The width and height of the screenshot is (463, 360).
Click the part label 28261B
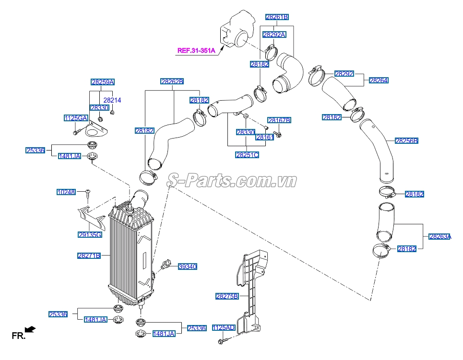tap(277, 17)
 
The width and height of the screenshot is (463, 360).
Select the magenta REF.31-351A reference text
tap(196, 50)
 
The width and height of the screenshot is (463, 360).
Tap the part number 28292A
tap(274, 34)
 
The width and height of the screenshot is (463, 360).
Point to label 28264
tap(379, 81)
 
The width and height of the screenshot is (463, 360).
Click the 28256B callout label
tap(406, 141)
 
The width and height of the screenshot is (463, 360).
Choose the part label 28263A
tap(439, 236)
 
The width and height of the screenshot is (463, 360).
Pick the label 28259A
tap(103, 82)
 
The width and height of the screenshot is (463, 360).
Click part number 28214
tap(112, 100)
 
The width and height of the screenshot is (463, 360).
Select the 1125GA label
tap(76, 118)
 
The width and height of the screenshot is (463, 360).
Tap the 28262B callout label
tap(172, 81)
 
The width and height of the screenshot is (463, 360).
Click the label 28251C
tap(247, 155)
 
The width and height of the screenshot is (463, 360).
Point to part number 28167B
tap(279, 120)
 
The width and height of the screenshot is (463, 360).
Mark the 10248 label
tap(66, 192)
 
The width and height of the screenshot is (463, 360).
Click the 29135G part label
tap(90, 234)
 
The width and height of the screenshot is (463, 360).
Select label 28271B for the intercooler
tap(89, 255)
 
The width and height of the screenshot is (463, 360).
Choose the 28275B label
tap(227, 297)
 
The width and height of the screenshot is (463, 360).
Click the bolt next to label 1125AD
tap(222, 341)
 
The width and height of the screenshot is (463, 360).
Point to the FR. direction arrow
tap(30, 329)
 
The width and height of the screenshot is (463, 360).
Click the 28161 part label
tap(264, 137)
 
